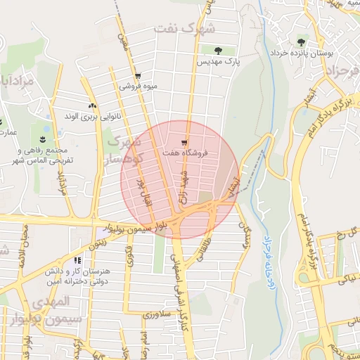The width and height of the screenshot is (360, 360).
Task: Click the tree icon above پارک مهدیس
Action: [216, 51]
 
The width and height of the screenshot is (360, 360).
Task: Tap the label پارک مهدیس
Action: [218, 62]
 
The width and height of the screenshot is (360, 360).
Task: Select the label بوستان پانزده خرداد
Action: [302, 53]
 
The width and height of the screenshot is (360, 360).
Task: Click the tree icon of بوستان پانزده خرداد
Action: [302, 41]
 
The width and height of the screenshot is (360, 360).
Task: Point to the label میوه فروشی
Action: [137, 86]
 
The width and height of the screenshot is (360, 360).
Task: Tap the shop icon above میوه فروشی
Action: [137, 76]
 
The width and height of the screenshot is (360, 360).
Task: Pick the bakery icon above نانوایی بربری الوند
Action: [92, 105]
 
